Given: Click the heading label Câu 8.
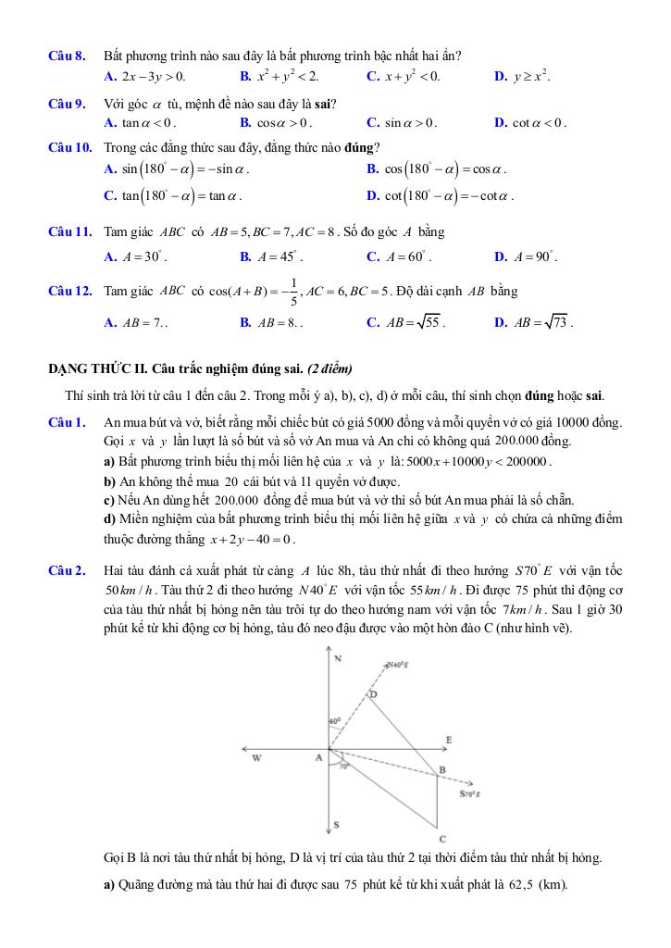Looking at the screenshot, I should (x=67, y=56).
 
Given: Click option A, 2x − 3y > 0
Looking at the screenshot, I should (x=145, y=76).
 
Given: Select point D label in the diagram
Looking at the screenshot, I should (x=374, y=693).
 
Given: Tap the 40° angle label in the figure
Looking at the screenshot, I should (x=334, y=719).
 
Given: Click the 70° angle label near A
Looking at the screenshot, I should (x=343, y=767).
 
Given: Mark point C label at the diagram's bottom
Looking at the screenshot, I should (x=442, y=838).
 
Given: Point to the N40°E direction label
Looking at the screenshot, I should (x=398, y=664).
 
